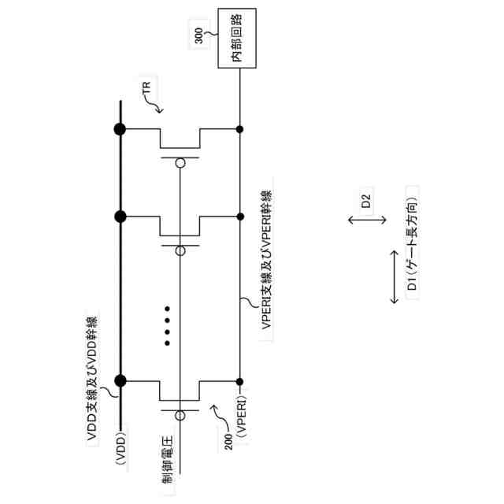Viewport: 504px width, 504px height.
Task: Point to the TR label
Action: [x=149, y=93]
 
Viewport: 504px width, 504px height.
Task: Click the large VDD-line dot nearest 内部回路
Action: [x=119, y=129]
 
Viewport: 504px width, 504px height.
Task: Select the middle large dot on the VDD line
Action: [x=119, y=216]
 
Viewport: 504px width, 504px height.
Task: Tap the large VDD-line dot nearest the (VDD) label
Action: [x=120, y=380]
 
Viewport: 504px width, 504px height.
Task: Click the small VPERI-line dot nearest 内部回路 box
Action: [x=239, y=129]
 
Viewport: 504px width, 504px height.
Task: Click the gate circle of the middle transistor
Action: [x=180, y=250]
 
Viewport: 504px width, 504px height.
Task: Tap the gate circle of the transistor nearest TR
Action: [x=180, y=164]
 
